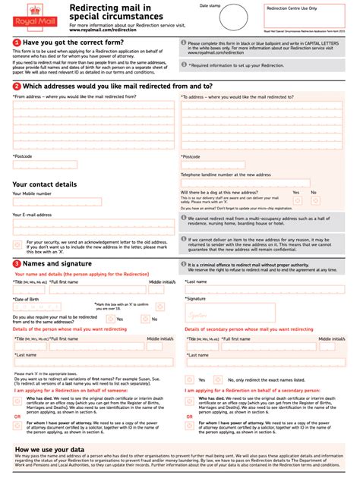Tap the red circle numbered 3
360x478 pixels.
click(x=17, y=263)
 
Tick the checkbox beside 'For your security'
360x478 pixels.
click(x=18, y=244)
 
